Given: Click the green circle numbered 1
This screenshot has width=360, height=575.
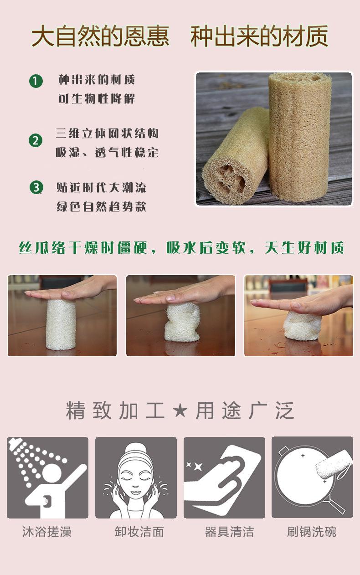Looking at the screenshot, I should click(x=36, y=82).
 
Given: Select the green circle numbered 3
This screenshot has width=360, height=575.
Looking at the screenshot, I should click(x=36, y=187).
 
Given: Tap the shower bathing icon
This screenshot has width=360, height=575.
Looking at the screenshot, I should click(x=47, y=477).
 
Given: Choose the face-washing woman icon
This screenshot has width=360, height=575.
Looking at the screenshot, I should click(x=136, y=477).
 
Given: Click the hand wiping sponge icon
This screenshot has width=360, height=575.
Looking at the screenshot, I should click(x=224, y=477).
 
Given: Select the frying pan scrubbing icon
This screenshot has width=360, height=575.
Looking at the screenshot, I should click(x=312, y=477).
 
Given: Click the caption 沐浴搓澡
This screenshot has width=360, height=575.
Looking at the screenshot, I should click(x=47, y=532).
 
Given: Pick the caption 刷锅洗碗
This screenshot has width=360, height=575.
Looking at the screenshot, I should click(x=312, y=532).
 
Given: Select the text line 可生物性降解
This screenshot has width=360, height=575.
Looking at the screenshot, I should click(x=97, y=99).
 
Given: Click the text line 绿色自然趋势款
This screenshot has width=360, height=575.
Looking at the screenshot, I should click(x=101, y=207).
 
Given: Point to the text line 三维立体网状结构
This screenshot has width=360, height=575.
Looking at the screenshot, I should click(x=107, y=133).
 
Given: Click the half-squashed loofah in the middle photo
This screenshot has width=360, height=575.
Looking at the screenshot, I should click(x=182, y=323).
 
